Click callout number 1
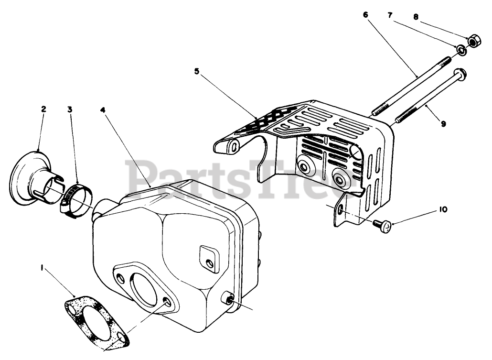[x=42, y=270]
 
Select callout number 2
[x=43, y=109]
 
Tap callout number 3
[x=70, y=109]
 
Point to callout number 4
[x=103, y=109]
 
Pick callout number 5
[x=197, y=71]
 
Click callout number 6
[x=365, y=15]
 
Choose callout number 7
[x=390, y=15]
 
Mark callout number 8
[x=416, y=17]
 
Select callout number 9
[x=443, y=124]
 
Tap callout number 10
[x=444, y=209]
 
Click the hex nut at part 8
[x=474, y=41]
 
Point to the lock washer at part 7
[x=460, y=49]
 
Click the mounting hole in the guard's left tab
[x=234, y=147]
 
